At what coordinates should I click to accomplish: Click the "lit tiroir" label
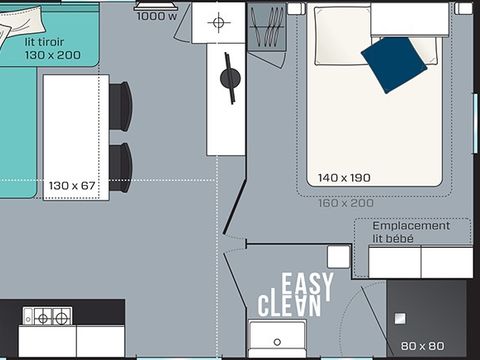44,42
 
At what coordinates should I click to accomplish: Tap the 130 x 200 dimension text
53,55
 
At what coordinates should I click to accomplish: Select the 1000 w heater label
157,16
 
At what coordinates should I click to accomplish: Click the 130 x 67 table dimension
72,186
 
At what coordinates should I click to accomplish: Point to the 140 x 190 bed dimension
344,178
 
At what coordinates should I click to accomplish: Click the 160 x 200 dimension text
346,203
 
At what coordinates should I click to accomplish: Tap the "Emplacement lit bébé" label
411,232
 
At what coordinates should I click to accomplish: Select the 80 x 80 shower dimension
422,346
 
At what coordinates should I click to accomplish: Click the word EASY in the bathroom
307,287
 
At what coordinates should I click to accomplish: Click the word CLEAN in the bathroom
289,306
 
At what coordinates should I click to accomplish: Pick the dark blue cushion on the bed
394,64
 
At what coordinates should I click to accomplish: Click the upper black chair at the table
121,106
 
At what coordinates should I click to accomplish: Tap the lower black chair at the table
121,168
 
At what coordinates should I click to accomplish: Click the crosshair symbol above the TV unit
219,23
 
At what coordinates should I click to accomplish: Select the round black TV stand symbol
230,78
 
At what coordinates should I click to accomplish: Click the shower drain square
400,319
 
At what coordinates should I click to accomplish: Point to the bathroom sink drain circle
277,342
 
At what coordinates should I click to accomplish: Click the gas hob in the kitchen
47,316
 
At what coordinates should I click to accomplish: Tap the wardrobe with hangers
267,27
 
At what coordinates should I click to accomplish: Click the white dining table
76,137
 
